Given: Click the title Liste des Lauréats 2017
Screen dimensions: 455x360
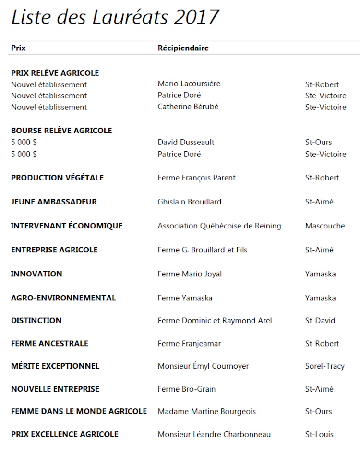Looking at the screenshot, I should coord(115,17).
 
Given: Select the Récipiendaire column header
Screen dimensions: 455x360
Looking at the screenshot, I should coord(183,48).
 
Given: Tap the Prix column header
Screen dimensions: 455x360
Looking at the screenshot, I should coord(18,48).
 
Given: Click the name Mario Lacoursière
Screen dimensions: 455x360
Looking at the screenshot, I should coord(189,84).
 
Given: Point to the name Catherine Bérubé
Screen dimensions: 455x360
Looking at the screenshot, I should coord(188,107).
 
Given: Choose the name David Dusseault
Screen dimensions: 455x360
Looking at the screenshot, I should coord(186,142).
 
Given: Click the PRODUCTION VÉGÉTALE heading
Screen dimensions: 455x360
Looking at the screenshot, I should coord(57,178).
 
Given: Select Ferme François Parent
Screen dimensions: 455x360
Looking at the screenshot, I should coord(196,178).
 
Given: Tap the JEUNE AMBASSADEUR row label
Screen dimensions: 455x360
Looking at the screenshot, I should coord(54,202).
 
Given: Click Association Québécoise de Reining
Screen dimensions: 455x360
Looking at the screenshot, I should coord(219,226).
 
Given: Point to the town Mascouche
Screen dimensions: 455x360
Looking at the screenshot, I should coord(325,226).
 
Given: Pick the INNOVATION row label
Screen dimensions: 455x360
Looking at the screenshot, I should coord(36,274).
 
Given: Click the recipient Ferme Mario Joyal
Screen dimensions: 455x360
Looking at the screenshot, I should coord(190,274).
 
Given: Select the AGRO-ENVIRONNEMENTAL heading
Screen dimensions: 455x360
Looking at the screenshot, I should coord(63,298).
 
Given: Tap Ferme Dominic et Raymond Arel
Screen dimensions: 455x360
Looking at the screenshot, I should coord(215,320).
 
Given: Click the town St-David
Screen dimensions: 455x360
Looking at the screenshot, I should coord(320,320).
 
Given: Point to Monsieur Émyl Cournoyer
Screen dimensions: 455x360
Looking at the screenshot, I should coord(203,366).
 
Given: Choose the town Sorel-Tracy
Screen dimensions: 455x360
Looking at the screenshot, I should coord(325,366).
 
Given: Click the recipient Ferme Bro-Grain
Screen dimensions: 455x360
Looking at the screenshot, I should coord(187,389).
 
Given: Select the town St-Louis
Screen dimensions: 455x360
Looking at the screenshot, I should coord(319,434).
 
